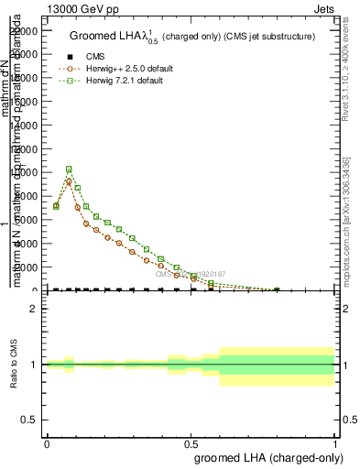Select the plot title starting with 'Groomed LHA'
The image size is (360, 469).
click(x=191, y=36)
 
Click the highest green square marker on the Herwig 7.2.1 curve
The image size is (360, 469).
click(x=69, y=169)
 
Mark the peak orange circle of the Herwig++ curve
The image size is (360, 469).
click(x=69, y=181)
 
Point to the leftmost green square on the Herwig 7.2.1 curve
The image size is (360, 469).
click(x=56, y=206)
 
